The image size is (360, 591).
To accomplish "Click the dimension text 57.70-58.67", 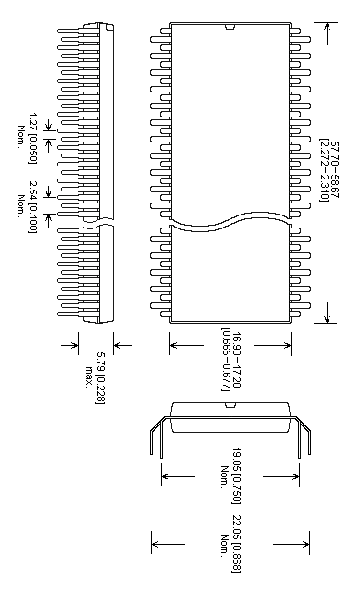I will (335, 172).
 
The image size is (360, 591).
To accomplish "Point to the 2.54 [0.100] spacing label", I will (32, 206).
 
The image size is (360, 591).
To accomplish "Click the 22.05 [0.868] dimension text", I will (237, 534).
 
